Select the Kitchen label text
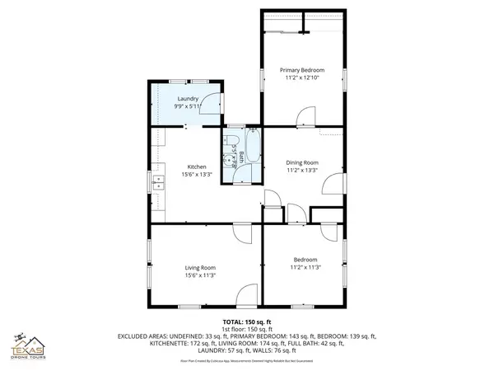click(184, 167)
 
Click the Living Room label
click(200, 267)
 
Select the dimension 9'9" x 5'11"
click(187, 106)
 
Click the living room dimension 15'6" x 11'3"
click(200, 275)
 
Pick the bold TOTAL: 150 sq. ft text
click(246, 322)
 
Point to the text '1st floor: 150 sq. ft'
click(246, 329)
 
